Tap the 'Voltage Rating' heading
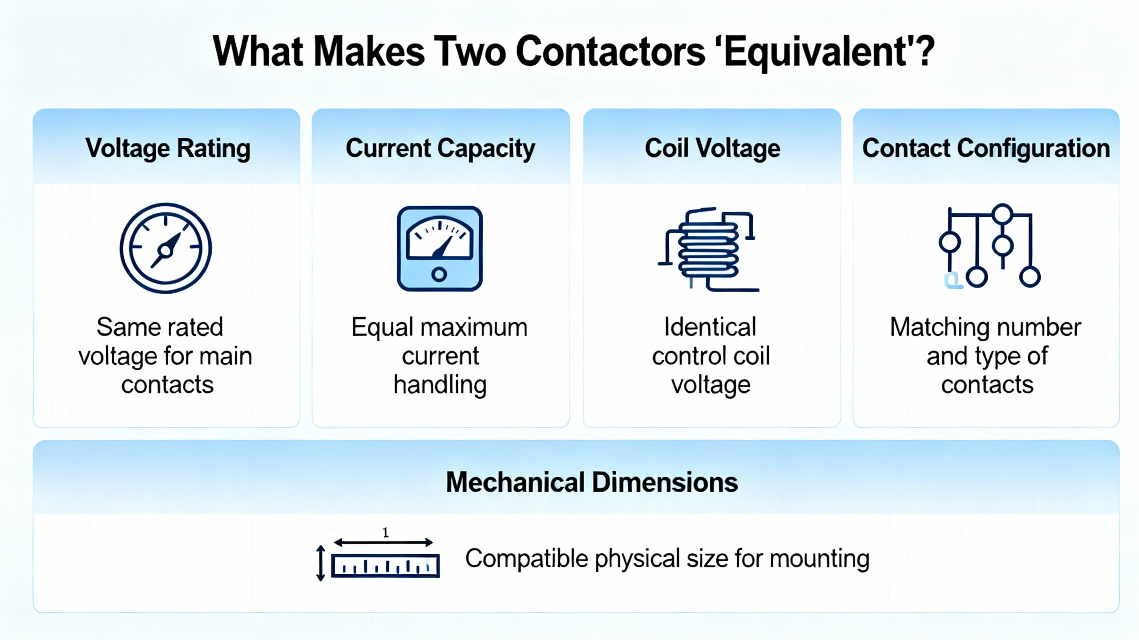pos(168,148)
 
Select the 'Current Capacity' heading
pos(440,148)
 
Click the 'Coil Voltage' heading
pos(712,148)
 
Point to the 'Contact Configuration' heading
pos(986,148)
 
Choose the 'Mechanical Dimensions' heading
pos(592,482)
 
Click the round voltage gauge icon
pos(166,248)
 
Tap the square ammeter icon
pos(440,248)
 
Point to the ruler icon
pos(385,566)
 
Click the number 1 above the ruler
pos(385,532)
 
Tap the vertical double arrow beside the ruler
pos(320,563)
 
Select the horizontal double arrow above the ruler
pos(384,542)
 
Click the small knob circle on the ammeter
pos(439,274)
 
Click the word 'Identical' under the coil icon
pos(710,327)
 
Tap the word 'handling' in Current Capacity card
pos(440,385)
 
